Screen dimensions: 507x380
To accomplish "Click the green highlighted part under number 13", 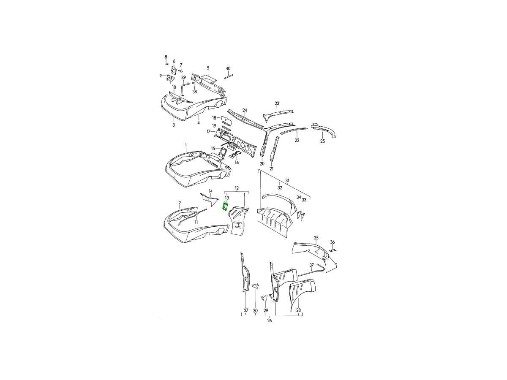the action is tap(225, 206).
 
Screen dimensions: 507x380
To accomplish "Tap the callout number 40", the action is tap(228, 68).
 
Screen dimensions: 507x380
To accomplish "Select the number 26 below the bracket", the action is tap(269, 320).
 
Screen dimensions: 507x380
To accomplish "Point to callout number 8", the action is tap(166, 57).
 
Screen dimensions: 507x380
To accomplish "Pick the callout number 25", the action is tap(323, 141).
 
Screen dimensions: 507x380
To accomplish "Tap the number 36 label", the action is tap(333, 242).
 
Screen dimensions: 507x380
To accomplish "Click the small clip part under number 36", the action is tap(333, 250).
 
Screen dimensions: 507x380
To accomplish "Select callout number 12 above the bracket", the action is tap(237, 188).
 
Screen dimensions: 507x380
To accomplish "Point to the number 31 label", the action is tap(287, 181).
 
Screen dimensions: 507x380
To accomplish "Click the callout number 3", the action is tap(174, 125).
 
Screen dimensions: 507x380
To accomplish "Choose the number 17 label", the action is tap(209, 131).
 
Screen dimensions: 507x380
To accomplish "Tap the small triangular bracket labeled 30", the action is tap(255, 286).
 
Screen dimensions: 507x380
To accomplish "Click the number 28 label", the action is tap(298, 310).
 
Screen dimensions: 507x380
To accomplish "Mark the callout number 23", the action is tap(277, 103).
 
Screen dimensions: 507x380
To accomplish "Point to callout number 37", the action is tap(311, 266).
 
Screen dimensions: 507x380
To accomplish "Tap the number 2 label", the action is tap(180, 203).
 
